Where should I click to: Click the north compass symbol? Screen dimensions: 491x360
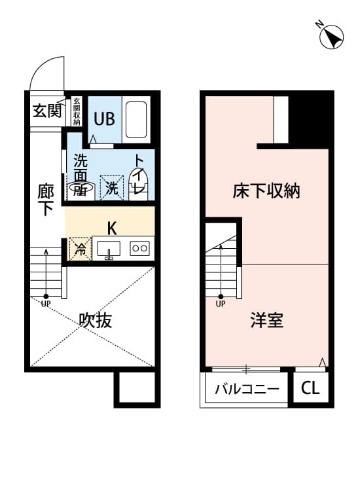[332, 37]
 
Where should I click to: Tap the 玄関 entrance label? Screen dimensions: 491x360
[47, 111]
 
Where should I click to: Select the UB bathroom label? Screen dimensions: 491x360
[104, 119]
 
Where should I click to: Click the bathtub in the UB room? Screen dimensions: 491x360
[137, 119]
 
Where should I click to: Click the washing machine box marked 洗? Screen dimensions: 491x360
[112, 189]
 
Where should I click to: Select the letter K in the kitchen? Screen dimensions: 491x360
[112, 228]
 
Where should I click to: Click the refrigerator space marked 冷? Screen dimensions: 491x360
[80, 249]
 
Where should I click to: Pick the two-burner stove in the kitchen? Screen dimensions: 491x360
[140, 248]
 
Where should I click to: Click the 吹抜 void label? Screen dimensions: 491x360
[96, 320]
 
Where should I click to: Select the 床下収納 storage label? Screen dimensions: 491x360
[266, 191]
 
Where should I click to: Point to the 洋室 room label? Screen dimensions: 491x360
[266, 321]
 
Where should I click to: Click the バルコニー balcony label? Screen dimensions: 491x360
[247, 390]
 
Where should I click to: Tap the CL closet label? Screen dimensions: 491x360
[310, 389]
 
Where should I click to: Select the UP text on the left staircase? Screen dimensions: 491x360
[46, 304]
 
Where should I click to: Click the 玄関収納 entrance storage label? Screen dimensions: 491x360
[77, 112]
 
